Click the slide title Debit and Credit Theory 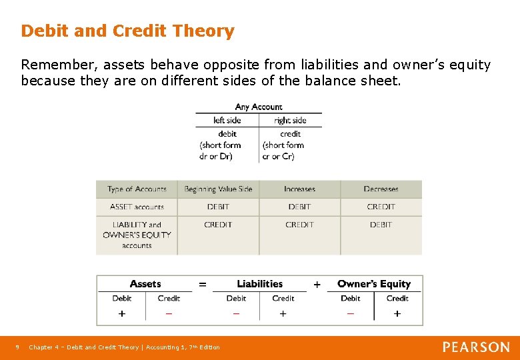127,31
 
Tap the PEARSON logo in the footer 476,347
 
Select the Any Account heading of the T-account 259,107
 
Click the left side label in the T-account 227,121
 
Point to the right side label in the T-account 290,121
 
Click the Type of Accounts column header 137,189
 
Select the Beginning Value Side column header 218,189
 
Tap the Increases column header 299,189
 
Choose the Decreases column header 381,189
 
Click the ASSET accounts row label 137,207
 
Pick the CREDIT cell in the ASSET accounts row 381,207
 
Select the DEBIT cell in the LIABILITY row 381,225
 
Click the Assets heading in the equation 145,284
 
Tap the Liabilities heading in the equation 259,284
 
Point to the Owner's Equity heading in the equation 373,284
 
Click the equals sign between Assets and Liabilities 203,285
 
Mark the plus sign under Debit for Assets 122,313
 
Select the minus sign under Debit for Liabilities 236,313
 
